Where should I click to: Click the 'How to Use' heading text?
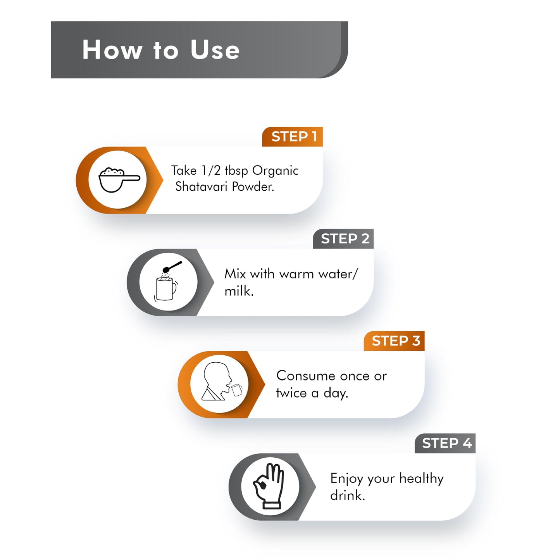point(161,50)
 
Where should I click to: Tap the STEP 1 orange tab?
point(292,136)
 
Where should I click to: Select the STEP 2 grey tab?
point(343,239)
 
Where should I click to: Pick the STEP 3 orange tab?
point(394,341)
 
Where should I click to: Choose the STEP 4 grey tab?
point(445,443)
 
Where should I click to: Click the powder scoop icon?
point(119,180)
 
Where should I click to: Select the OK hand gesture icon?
point(268,486)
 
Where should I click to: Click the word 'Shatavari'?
point(202,186)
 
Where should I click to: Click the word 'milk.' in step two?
point(239,291)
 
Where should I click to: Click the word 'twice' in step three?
point(291,393)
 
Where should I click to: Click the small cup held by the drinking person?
point(237,390)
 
